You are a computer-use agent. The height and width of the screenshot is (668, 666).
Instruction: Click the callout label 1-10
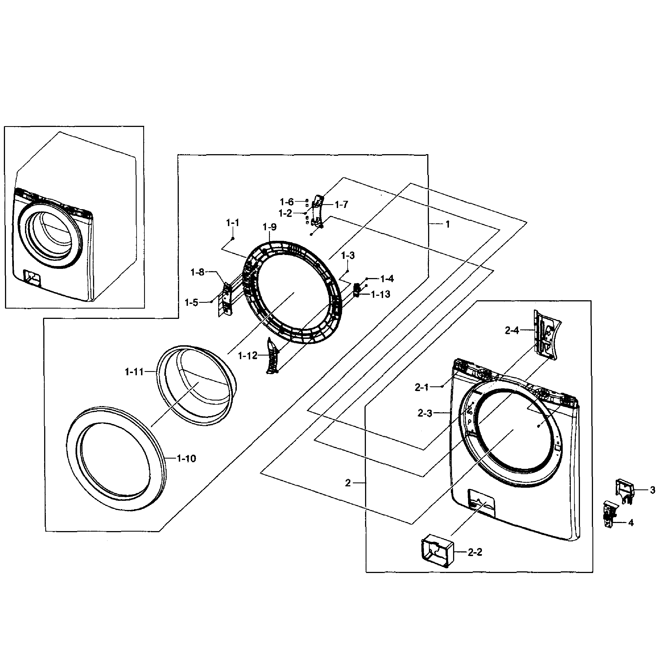(186, 459)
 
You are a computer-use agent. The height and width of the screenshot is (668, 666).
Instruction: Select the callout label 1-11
(134, 372)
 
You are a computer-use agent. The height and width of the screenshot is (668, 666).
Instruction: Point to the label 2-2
(475, 552)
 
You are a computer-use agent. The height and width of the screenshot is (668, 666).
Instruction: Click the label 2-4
(512, 331)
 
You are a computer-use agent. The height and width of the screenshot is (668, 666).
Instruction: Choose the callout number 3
(652, 490)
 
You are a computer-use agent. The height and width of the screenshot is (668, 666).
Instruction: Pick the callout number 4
(631, 523)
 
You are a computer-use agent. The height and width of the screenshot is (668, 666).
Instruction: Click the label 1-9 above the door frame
(270, 227)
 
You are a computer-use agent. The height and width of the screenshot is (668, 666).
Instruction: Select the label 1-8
(198, 272)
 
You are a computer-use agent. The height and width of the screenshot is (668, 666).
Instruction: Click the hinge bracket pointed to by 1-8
(227, 298)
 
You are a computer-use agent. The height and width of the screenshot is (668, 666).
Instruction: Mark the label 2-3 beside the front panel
(425, 413)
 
